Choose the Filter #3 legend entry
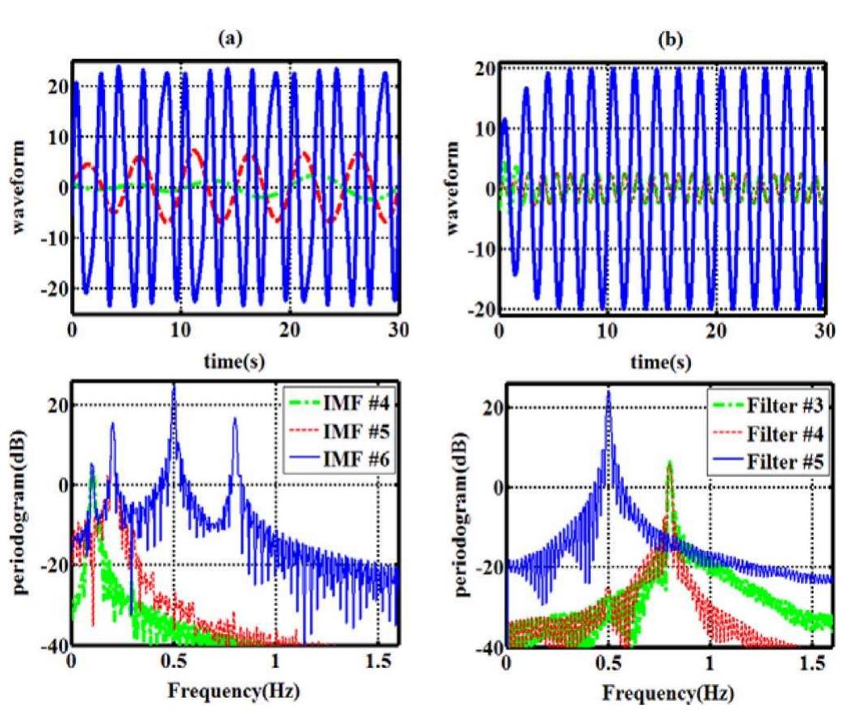(x=775, y=398)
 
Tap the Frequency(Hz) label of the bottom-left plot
(x=235, y=691)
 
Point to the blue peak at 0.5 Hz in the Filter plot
(x=608, y=393)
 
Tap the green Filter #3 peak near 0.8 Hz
(x=669, y=463)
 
